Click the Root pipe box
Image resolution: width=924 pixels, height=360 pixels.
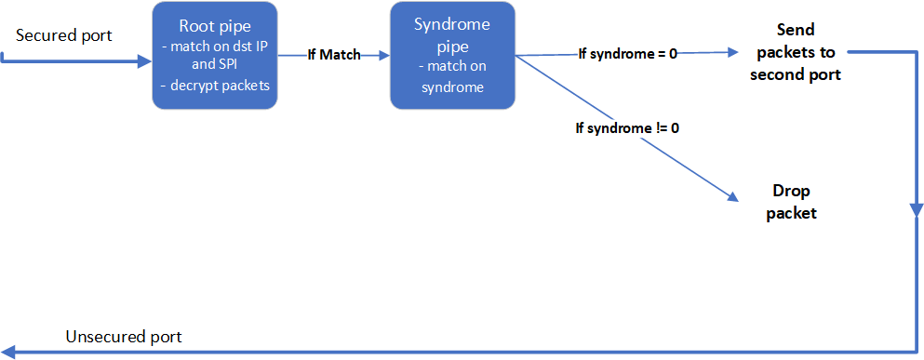[215, 56]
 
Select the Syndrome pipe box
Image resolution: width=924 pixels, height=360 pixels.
[452, 56]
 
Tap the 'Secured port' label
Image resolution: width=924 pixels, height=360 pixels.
[63, 36]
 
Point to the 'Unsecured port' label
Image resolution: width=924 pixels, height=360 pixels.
[124, 338]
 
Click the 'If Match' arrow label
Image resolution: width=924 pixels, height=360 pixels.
[333, 56]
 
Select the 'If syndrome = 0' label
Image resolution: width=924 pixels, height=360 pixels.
[627, 54]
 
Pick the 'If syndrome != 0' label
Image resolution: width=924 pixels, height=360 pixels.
[627, 127]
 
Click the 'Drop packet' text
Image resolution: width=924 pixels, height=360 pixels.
[792, 202]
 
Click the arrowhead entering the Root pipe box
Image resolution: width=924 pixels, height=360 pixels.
[145, 60]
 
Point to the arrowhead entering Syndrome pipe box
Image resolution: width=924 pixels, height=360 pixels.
[385, 56]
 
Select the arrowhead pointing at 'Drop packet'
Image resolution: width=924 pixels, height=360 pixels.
[731, 198]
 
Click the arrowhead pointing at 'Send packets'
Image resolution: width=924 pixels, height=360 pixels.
[733, 52]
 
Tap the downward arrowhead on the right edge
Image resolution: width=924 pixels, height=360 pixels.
[917, 211]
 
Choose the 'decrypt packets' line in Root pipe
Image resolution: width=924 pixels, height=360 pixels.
[215, 86]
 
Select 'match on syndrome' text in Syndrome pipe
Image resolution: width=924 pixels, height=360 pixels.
[452, 77]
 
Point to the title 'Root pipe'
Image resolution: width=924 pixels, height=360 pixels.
[215, 27]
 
